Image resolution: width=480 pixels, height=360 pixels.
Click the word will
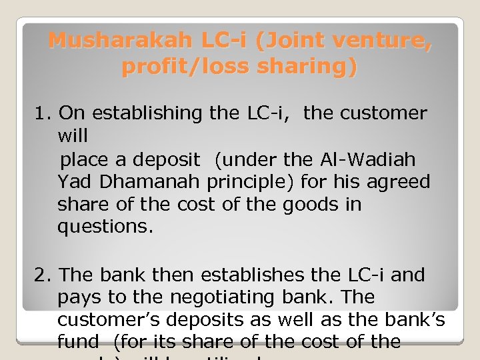[x=73, y=137]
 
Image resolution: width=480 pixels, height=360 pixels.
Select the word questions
[x=105, y=227]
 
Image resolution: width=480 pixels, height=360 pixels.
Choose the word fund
[x=77, y=343]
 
